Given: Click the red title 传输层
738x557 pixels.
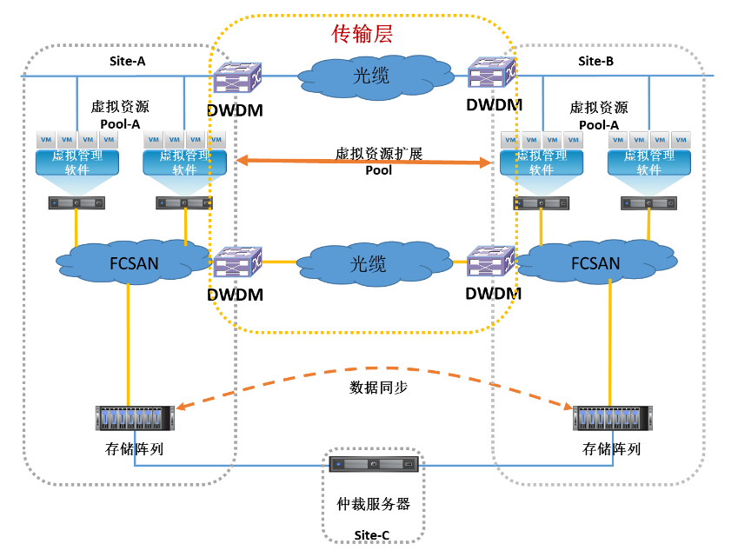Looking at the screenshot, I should [x=362, y=34].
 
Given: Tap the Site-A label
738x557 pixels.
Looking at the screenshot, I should [x=128, y=61].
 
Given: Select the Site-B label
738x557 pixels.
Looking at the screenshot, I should [x=595, y=61].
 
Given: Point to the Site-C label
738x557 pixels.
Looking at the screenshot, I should [x=373, y=534].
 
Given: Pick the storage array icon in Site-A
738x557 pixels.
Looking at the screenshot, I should [x=135, y=418].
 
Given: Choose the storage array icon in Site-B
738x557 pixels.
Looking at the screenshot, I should [x=612, y=418].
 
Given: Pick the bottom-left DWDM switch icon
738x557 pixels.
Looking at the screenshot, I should [x=235, y=263].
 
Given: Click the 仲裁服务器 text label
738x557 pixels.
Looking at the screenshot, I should [x=373, y=504].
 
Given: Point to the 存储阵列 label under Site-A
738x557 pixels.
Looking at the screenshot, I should [x=134, y=449].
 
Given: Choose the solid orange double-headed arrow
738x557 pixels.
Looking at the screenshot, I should [x=365, y=162].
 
